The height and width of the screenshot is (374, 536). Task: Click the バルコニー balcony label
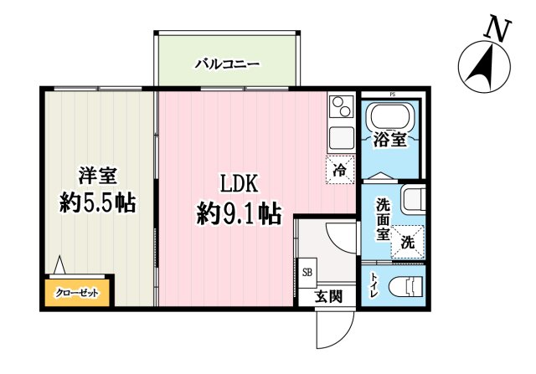pyautogui.click(x=227, y=63)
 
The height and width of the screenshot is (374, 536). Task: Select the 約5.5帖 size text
pyautogui.click(x=98, y=203)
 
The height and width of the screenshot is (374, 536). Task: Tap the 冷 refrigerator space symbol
pyautogui.click(x=339, y=170)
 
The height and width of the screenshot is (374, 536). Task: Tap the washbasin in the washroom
pyautogui.click(x=413, y=201)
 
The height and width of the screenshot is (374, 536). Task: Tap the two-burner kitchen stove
pyautogui.click(x=341, y=107)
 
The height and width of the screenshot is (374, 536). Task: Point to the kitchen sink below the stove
pyautogui.click(x=340, y=136)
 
